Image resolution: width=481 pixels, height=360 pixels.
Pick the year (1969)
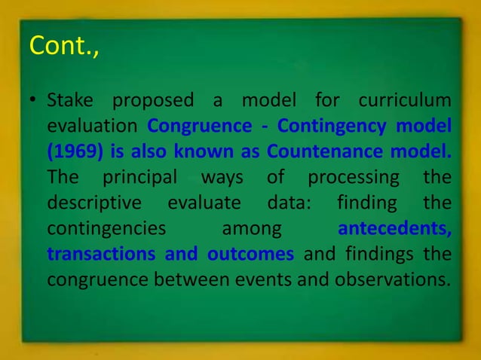74,152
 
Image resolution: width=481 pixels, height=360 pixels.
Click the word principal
139,178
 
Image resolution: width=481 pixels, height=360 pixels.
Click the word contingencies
101,229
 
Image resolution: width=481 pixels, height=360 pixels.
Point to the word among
252,229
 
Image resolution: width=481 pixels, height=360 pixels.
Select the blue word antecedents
395,229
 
